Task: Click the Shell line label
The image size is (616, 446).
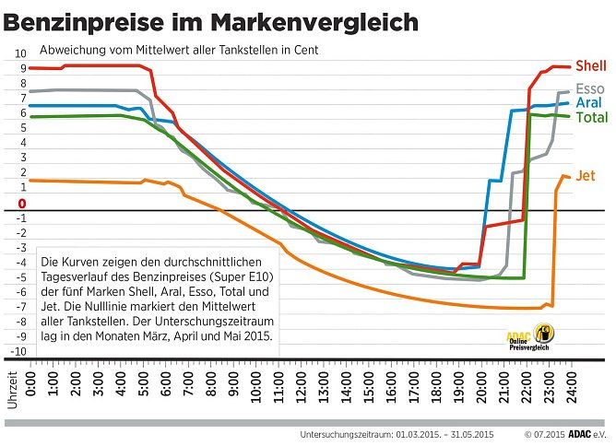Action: [x=590, y=66]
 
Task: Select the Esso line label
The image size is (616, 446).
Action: [x=590, y=88]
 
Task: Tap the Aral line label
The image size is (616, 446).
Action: [x=589, y=103]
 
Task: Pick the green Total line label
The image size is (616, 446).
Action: [x=591, y=117]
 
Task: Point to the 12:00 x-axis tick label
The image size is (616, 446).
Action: [x=301, y=380]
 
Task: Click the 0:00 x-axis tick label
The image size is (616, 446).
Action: [x=31, y=380]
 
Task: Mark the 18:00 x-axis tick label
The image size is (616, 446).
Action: [x=435, y=380]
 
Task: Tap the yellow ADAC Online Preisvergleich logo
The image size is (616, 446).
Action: [x=530, y=338]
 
